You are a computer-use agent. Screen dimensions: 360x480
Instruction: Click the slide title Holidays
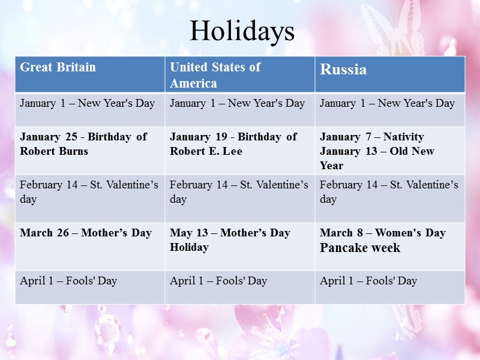pyautogui.click(x=242, y=31)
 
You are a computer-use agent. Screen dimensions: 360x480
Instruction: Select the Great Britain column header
pyautogui.click(x=58, y=67)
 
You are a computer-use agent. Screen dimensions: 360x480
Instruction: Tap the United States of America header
pyautogui.click(x=215, y=75)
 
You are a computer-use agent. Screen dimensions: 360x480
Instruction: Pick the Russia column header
pyautogui.click(x=343, y=70)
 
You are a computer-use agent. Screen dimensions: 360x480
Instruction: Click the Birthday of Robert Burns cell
pyautogui.click(x=83, y=144)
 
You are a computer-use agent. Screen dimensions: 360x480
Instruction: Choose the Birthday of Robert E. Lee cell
pyautogui.click(x=233, y=144)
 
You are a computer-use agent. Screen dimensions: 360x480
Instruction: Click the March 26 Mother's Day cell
pyautogui.click(x=86, y=233)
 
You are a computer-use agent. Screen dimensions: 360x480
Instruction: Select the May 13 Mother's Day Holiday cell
pyautogui.click(x=230, y=239)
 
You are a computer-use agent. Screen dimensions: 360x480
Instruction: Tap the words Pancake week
pyautogui.click(x=360, y=248)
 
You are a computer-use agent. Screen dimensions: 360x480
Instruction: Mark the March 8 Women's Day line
pyautogui.click(x=383, y=233)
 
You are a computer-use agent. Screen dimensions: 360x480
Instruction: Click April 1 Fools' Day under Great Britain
pyautogui.click(x=68, y=281)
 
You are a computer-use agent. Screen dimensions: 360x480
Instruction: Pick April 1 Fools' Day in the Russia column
pyautogui.click(x=368, y=281)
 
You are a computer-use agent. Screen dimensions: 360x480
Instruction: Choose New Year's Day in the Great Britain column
pyautogui.click(x=88, y=103)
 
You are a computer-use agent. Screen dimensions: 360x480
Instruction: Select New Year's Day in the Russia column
pyautogui.click(x=388, y=103)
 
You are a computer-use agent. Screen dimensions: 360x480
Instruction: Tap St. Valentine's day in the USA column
pyautogui.click(x=239, y=191)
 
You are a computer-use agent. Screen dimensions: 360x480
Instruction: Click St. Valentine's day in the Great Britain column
pyautogui.click(x=89, y=191)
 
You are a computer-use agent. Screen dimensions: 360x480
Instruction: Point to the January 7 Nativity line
pyautogui.click(x=372, y=137)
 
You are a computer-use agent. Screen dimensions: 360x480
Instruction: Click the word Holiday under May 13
pyautogui.click(x=190, y=247)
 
